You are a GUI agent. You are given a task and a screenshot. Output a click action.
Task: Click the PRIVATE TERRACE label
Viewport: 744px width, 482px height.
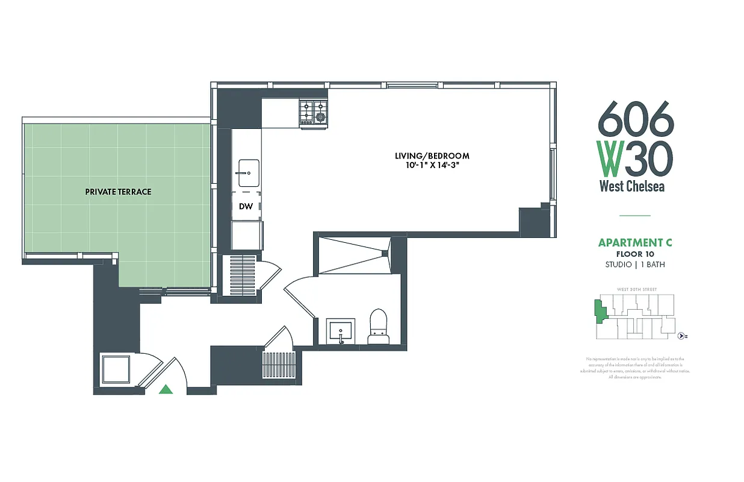(x=118, y=192)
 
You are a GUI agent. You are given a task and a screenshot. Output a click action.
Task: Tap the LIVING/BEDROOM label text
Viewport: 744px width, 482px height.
(x=432, y=156)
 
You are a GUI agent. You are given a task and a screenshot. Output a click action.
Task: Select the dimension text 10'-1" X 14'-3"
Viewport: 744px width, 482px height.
(x=432, y=165)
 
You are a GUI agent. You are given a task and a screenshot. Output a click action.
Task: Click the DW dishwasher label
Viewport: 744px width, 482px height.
(x=246, y=206)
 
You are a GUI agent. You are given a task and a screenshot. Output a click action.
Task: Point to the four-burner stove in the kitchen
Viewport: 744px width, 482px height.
(x=314, y=114)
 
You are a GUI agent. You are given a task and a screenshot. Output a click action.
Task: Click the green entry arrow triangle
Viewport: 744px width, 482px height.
(x=166, y=390)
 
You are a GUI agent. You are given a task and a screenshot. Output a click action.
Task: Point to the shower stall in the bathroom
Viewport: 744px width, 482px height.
(x=352, y=255)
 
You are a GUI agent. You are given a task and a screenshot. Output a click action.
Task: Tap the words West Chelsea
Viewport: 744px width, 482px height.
(x=631, y=186)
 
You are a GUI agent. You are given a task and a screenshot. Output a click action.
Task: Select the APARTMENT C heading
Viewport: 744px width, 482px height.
(x=634, y=243)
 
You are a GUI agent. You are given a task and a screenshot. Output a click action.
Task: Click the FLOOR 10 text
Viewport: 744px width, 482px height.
(x=634, y=254)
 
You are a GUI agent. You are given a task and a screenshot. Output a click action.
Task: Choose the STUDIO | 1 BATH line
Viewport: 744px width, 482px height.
(x=634, y=264)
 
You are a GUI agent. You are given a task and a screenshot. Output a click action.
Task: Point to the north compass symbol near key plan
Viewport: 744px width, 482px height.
(x=681, y=336)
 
